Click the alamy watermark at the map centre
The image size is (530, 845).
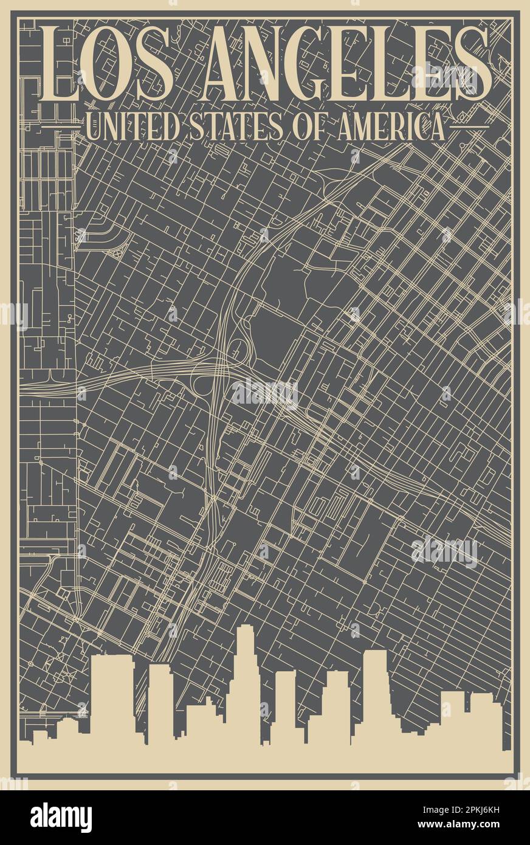265,394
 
